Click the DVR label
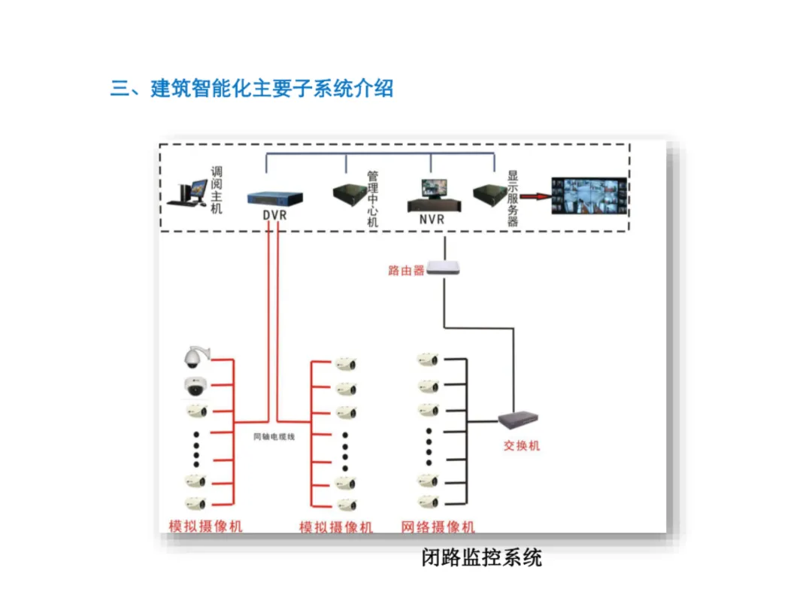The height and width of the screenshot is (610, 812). pyautogui.click(x=274, y=214)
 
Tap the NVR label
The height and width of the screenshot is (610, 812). pyautogui.click(x=432, y=219)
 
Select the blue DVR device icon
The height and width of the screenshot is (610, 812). pyautogui.click(x=275, y=199)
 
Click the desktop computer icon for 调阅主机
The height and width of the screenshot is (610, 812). pyautogui.click(x=187, y=193)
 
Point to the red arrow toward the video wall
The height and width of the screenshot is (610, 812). pyautogui.click(x=535, y=196)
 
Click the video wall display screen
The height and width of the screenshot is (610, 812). pyautogui.click(x=589, y=196)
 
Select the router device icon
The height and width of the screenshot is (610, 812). pyautogui.click(x=444, y=268)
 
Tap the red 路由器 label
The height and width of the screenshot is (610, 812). pyautogui.click(x=406, y=270)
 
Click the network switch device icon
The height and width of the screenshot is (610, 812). pyautogui.click(x=518, y=419)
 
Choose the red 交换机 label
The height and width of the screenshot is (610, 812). pyautogui.click(x=522, y=445)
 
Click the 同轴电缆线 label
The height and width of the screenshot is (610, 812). pyautogui.click(x=274, y=437)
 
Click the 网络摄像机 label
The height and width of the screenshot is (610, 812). pyautogui.click(x=438, y=527)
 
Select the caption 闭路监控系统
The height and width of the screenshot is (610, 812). pyautogui.click(x=481, y=557)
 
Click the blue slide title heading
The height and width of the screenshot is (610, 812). pyautogui.click(x=252, y=88)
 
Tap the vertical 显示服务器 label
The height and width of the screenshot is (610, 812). pyautogui.click(x=513, y=199)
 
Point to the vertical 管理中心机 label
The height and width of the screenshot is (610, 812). pyautogui.click(x=373, y=199)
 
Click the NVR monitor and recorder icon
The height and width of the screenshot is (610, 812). pyautogui.click(x=434, y=195)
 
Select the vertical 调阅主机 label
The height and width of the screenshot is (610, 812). pyautogui.click(x=217, y=190)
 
